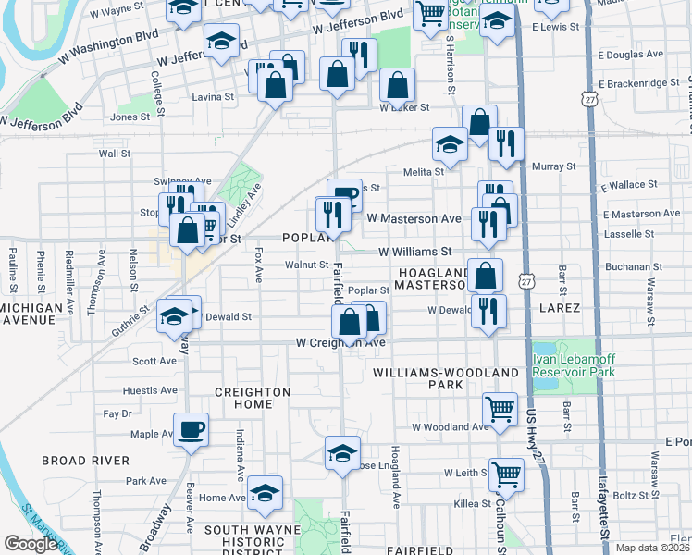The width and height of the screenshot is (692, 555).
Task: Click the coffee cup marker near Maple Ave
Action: click(x=191, y=430)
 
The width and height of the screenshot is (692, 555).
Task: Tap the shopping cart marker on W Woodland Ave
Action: click(x=500, y=408)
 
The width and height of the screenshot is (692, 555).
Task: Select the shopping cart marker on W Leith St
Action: click(x=506, y=475)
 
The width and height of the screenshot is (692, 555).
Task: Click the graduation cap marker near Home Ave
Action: click(x=265, y=492)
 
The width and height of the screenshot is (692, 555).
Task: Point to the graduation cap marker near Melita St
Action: click(x=450, y=144)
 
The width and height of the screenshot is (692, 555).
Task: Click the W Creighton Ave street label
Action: click(x=340, y=342)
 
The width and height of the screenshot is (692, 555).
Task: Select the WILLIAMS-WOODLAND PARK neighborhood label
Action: click(x=433, y=377)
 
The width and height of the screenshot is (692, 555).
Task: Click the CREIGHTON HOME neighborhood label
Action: click(x=253, y=398)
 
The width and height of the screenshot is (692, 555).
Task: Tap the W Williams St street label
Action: click(x=414, y=251)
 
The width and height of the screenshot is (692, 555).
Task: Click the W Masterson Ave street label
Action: click(x=414, y=218)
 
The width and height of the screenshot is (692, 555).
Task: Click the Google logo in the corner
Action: click(x=31, y=544)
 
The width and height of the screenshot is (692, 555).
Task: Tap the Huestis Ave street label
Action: click(x=154, y=390)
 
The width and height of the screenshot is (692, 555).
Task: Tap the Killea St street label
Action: click(x=472, y=503)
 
